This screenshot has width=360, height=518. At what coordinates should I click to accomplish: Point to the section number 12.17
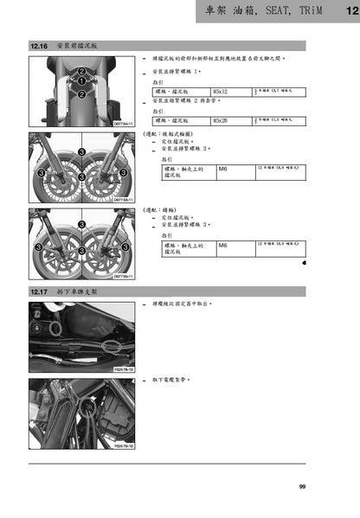coord(40,292)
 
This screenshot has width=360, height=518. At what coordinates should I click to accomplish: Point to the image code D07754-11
coord(124,124)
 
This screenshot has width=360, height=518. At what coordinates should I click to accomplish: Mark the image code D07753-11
coord(124,200)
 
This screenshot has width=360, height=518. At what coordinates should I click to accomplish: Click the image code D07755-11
coord(124,276)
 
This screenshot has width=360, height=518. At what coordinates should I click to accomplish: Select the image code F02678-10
coord(124,368)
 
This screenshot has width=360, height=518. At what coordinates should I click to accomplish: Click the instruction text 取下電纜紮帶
coord(170,381)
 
